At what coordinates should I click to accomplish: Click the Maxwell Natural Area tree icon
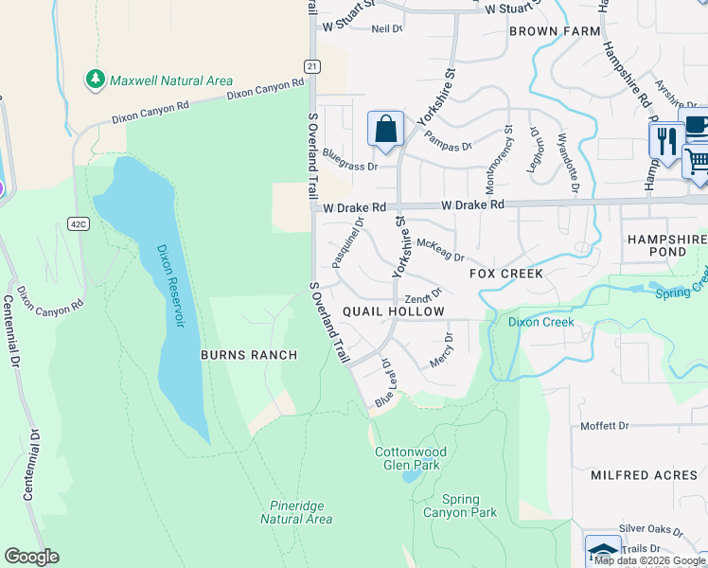coord(95,80)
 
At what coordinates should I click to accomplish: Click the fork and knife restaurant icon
coord(666,141)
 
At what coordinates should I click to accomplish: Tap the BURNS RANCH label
coord(249,355)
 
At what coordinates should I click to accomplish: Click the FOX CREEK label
coord(506,274)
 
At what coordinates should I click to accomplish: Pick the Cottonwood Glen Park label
coord(410,459)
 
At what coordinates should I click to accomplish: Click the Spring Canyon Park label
coord(469,506)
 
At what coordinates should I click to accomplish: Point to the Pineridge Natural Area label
coord(295,512)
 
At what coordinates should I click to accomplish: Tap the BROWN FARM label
coord(555,31)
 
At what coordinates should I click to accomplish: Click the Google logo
coord(31,557)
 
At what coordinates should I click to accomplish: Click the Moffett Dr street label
coord(605,426)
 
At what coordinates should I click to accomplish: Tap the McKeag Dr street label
coord(440,251)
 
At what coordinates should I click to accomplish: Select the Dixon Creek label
coord(540,322)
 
